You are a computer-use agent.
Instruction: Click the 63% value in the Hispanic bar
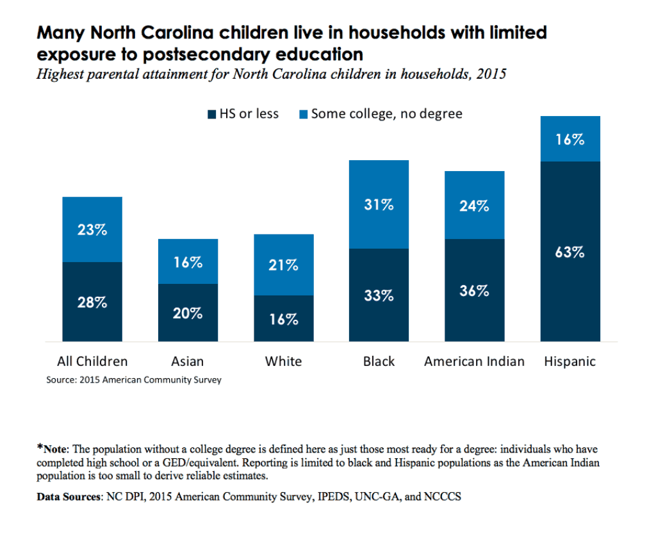[570, 252]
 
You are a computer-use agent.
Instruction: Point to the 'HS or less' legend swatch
[211, 115]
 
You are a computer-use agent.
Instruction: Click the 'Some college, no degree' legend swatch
[304, 115]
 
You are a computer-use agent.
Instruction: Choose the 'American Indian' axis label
[474, 361]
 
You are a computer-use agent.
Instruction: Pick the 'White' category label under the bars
[283, 361]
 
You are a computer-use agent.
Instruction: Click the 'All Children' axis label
[92, 361]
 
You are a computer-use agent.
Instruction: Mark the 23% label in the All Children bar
[92, 229]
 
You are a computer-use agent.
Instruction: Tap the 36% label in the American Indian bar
[474, 290]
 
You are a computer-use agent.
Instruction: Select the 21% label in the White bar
[283, 265]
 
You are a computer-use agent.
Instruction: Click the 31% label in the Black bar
[379, 205]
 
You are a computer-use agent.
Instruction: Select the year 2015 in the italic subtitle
[491, 74]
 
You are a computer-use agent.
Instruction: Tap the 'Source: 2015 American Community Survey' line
[134, 380]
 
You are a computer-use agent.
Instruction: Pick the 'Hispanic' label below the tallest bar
[570, 361]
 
